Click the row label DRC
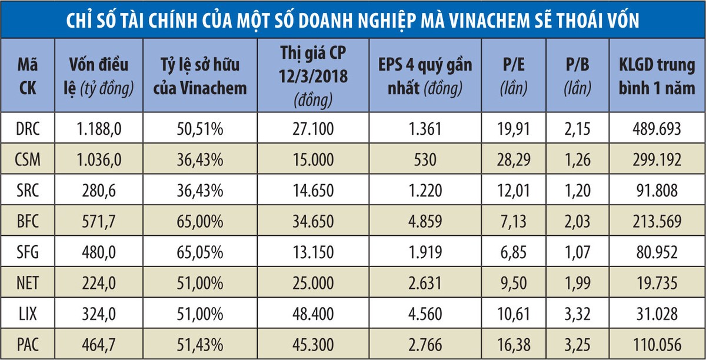click(x=28, y=129)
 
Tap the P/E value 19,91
click(x=513, y=129)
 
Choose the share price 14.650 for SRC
click(x=315, y=191)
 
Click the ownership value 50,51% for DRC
click(x=201, y=129)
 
